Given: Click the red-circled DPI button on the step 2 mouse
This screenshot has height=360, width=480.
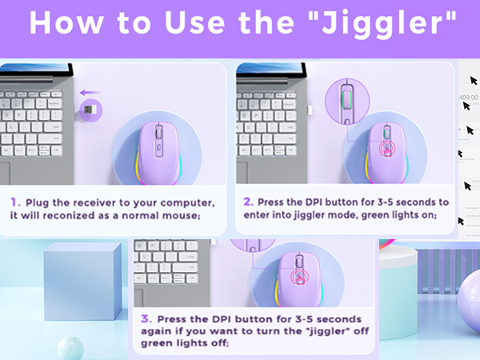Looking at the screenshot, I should [385, 148].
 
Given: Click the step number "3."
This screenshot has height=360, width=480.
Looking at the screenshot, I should [146, 319].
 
